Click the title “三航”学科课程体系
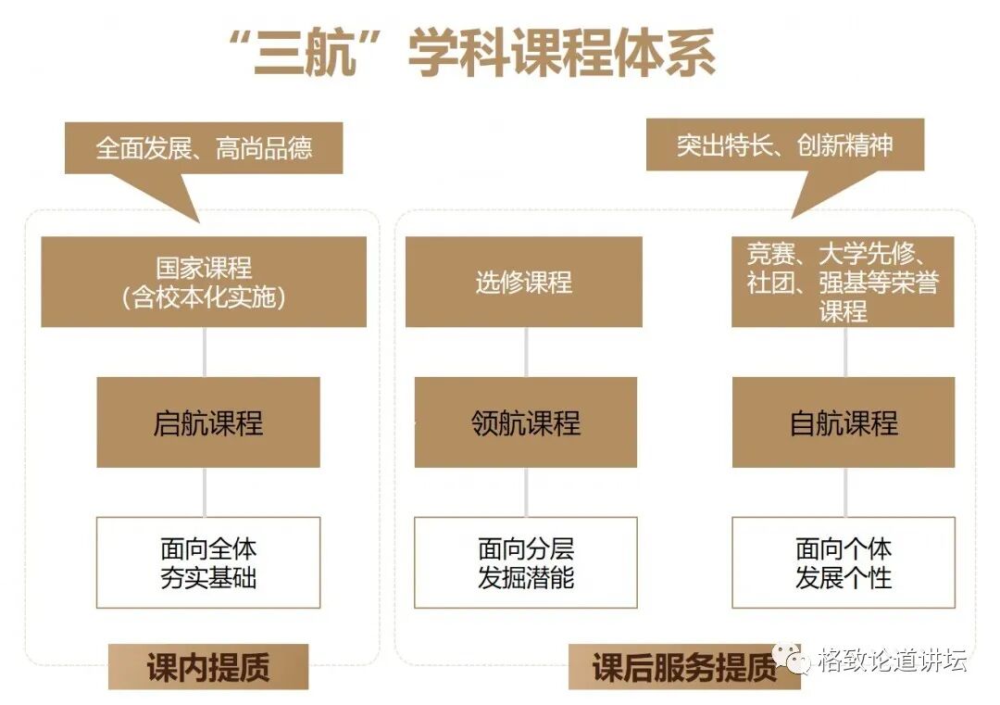[471, 54]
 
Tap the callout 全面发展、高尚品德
[204, 148]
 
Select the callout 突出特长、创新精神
[784, 145]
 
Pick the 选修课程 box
[524, 282]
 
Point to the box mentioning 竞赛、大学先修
[843, 282]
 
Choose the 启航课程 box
[208, 422]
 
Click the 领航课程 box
[525, 422]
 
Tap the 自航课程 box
[844, 422]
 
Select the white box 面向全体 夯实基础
[208, 562]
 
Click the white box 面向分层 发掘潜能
[525, 562]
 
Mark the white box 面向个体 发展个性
[844, 562]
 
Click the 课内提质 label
[207, 667]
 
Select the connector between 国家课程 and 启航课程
[205, 352]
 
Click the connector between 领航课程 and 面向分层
[526, 492]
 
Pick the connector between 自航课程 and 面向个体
[844, 492]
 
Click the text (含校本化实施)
[204, 296]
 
